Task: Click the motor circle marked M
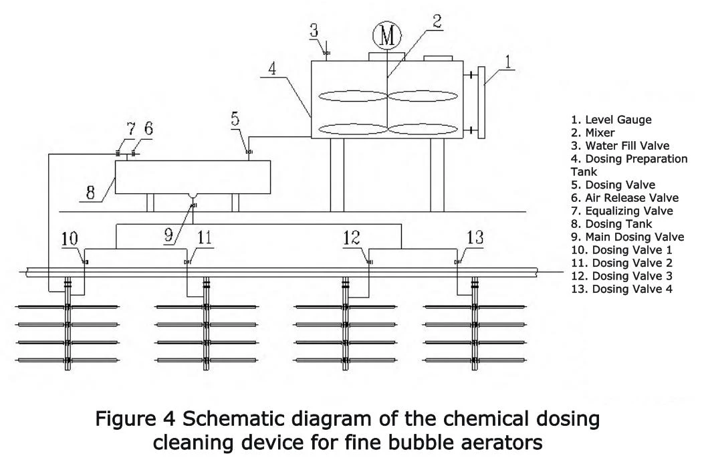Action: coord(387,36)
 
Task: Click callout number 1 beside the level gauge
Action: coord(507,62)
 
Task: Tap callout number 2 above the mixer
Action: coord(437,21)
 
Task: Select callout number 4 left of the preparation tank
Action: coord(271,69)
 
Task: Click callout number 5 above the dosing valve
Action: coord(235,119)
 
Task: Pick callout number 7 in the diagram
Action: coord(130,129)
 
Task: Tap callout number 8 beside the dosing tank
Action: coord(90,193)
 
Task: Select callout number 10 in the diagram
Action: coord(70,239)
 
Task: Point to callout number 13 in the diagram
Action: coord(475,237)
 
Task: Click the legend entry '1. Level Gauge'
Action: coord(611,120)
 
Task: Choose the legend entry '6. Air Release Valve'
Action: coord(624,198)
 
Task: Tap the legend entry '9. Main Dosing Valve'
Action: coord(627,237)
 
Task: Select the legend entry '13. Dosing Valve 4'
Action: coord(621,289)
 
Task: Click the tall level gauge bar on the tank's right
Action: coord(482,102)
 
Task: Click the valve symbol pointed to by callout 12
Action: coord(368,263)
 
